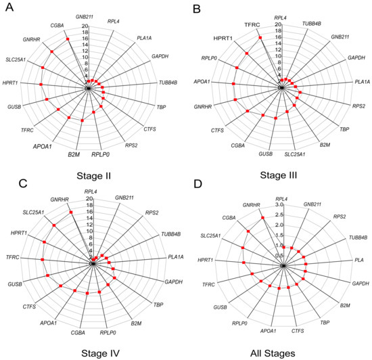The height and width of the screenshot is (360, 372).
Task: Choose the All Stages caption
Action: (279, 353)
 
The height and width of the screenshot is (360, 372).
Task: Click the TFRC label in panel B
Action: (255, 25)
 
